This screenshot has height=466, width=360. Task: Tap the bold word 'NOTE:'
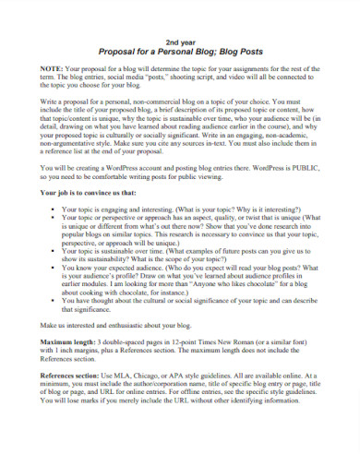click(53, 70)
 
